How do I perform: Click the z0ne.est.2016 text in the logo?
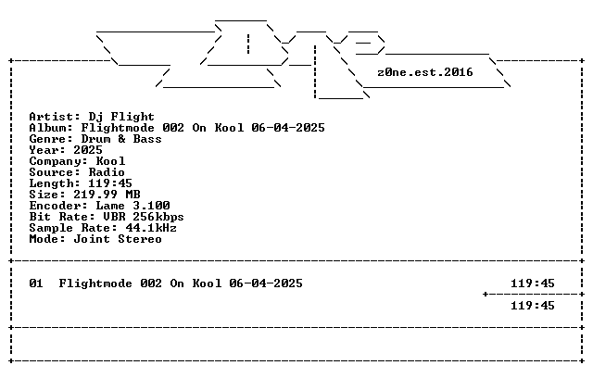tap(425, 72)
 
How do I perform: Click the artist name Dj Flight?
tap(121, 117)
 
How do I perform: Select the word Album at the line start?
tap(47, 128)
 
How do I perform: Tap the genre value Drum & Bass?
tap(121, 139)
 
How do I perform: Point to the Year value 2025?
tap(88, 150)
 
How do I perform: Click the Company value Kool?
tap(110, 161)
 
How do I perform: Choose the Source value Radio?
tap(107, 172)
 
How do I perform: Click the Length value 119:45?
tap(110, 183)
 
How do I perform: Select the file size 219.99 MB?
tap(107, 195)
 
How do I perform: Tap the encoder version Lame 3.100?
tap(132, 206)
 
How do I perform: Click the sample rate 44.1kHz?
tap(151, 228)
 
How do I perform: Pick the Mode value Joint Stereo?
tap(118, 239)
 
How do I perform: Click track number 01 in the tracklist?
tap(36, 283)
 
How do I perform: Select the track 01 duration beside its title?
tap(533, 283)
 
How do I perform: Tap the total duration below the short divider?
tap(533, 306)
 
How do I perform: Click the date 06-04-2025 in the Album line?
tap(288, 128)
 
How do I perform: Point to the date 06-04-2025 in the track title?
tap(266, 283)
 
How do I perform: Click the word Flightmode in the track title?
tap(95, 283)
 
